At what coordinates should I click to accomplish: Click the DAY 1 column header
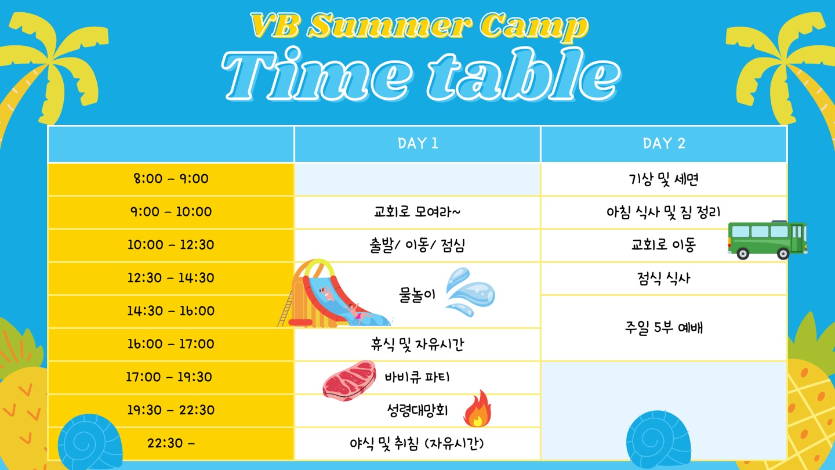418,143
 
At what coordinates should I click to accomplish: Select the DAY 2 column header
664,143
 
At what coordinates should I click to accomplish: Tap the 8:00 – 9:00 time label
171,179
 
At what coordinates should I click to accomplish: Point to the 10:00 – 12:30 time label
171,245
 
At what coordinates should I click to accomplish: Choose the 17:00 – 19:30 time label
169,377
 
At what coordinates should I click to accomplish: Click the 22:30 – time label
171,443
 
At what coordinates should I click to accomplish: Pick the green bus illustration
768,240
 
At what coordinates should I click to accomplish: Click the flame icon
478,409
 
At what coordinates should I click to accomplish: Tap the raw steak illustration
349,380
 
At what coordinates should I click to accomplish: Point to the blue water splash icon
470,292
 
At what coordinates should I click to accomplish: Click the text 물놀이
417,295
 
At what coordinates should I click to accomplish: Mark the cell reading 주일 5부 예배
664,328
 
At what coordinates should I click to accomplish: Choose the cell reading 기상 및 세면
664,179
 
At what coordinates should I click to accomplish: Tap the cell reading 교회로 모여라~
417,212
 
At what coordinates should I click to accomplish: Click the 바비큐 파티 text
417,377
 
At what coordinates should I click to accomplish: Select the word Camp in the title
534,26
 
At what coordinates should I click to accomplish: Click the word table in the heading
524,75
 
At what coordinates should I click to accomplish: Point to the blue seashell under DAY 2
658,438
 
